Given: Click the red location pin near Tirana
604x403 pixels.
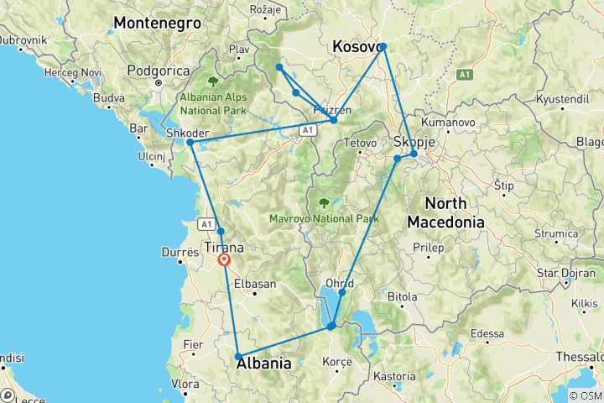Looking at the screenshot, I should (x=225, y=260).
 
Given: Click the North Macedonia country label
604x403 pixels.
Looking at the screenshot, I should (x=445, y=213).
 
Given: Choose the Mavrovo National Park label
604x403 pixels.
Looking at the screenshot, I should (x=324, y=218).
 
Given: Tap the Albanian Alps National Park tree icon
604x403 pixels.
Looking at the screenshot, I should (x=213, y=82).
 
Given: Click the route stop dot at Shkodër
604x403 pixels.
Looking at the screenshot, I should (x=190, y=143).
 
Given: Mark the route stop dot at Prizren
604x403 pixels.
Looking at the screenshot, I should (x=334, y=120).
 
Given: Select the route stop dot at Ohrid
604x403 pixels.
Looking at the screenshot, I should (x=342, y=292).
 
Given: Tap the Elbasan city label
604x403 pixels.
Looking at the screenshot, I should (x=255, y=285).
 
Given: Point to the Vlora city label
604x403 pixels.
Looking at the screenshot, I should (x=185, y=385).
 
